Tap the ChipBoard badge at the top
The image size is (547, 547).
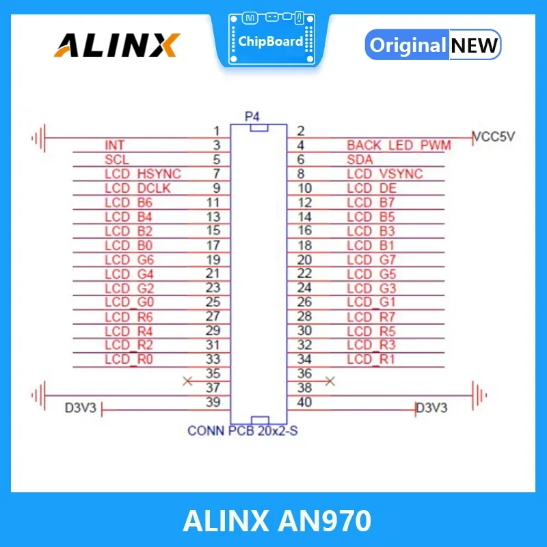[x=271, y=40]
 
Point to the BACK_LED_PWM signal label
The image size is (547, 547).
[x=399, y=145]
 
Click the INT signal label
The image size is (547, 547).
[x=114, y=145]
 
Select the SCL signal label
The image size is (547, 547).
[x=116, y=159]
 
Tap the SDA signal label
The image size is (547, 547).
[x=360, y=159]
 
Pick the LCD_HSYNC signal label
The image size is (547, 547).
[x=143, y=174]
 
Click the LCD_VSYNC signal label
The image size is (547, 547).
[x=384, y=174]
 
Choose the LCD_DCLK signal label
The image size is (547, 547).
[x=138, y=188]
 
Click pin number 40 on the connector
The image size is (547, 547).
[x=304, y=402]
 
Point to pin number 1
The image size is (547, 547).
[x=216, y=131]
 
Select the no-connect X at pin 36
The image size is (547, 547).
[x=330, y=380]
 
